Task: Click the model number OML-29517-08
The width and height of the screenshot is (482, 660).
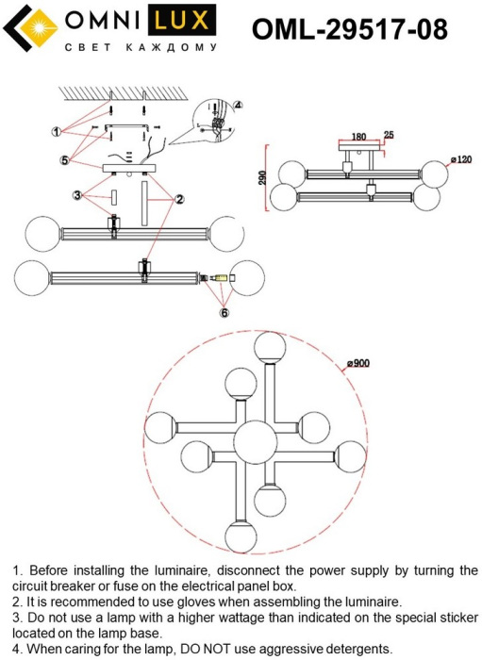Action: point(349,28)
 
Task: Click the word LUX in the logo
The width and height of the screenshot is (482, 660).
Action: point(181,20)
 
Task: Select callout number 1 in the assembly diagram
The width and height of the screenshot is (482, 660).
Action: point(57,132)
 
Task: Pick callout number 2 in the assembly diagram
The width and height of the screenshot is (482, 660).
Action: point(179,199)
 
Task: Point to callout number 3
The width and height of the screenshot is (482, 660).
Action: point(76,195)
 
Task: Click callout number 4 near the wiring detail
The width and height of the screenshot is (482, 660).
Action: point(238,106)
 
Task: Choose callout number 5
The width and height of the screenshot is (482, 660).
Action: point(64,160)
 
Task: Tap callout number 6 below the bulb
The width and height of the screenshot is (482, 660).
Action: point(224,313)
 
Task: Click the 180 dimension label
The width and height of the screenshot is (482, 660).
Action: point(358,137)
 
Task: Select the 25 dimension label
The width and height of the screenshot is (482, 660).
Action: point(389,135)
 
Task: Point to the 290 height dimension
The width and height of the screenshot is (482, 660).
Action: point(262,177)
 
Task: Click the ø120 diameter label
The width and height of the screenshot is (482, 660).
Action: point(461,159)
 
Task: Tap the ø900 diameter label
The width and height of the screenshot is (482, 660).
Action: point(358,363)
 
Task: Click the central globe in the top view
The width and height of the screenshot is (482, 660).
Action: point(255,442)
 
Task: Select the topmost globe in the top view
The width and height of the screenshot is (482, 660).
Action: point(271,347)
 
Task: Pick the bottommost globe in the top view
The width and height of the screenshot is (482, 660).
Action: point(241,536)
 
